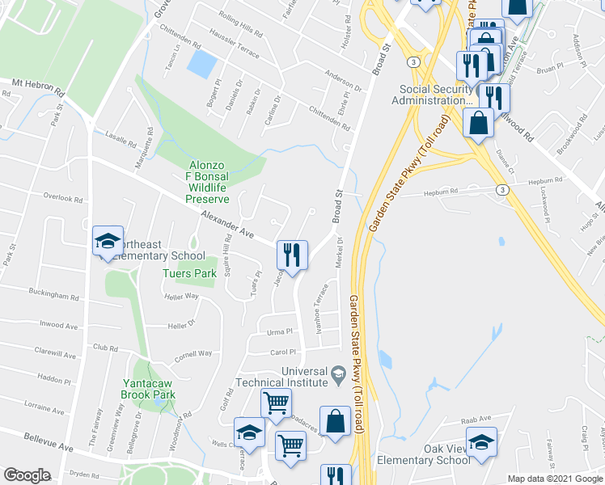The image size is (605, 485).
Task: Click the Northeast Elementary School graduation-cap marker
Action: pos(108,242)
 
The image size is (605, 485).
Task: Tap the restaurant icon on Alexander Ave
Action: pos(291,255)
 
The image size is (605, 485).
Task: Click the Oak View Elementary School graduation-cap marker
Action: pos(481,443)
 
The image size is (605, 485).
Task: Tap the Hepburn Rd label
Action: pos(443,192)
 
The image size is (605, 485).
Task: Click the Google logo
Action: pos(27,475)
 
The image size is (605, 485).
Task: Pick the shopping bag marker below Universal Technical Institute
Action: pos(335,422)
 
